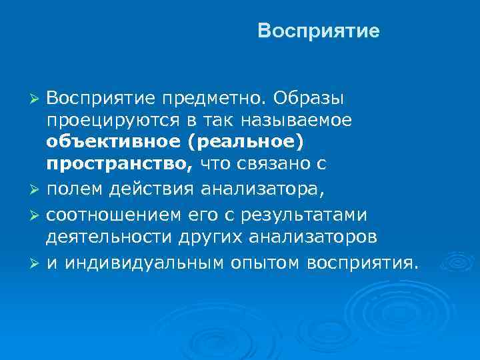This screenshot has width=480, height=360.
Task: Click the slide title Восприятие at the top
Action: click(x=318, y=31)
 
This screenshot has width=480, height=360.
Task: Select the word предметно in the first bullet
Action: click(x=213, y=99)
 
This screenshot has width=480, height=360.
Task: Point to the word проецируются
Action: click(x=116, y=121)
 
